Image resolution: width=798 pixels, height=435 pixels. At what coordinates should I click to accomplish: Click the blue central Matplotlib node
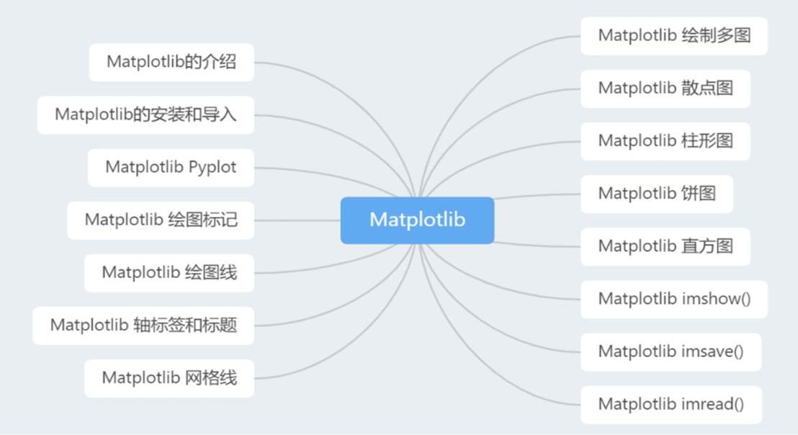pos(417,220)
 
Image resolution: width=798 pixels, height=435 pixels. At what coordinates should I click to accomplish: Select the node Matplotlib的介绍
pos(171,62)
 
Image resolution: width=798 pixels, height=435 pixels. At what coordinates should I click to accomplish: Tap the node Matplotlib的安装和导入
pos(145,115)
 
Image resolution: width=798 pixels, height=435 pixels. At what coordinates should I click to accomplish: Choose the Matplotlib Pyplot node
pos(171,167)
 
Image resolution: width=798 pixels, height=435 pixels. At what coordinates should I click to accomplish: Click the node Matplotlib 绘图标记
pos(161,220)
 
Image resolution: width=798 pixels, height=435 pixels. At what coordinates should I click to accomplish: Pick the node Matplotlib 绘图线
pos(169,272)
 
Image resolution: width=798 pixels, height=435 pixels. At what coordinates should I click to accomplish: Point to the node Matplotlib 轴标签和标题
pos(143,325)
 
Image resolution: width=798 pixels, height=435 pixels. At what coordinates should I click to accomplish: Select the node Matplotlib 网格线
pos(169,377)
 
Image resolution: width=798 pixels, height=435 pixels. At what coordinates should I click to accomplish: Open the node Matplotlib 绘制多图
pos(673,35)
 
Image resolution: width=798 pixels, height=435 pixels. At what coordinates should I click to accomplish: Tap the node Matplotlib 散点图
pos(665,88)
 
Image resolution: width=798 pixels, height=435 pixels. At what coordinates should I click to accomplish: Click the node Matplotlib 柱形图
pos(665,140)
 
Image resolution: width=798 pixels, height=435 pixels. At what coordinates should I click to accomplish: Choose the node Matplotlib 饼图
pos(656,193)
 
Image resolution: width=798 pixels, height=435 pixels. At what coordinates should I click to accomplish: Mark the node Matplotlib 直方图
pos(665,246)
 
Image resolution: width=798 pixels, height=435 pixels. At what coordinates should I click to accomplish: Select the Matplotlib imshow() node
pos(673,298)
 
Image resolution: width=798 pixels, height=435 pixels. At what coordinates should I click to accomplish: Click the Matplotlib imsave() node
pos(670,351)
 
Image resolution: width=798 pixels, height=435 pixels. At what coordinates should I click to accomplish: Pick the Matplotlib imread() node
pos(671,404)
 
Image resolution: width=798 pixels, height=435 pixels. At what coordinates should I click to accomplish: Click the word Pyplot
pos(212,167)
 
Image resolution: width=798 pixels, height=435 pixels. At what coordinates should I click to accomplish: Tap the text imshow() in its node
pos(715,298)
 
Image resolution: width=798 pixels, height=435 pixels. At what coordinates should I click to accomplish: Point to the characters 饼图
pos(698,193)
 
